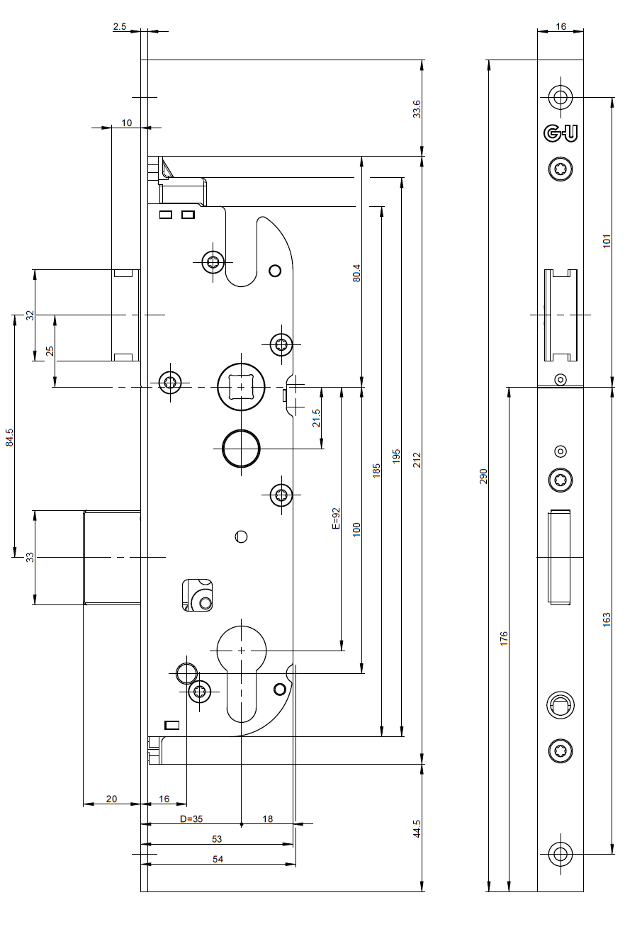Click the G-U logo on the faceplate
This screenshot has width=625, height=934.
coord(561,133)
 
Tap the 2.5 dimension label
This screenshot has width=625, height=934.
coord(119,27)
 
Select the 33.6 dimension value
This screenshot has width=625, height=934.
coord(417,109)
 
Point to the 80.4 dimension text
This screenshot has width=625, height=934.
coord(356,273)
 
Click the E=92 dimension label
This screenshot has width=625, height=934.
coord(336,518)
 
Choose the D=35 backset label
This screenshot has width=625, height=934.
coord(191,819)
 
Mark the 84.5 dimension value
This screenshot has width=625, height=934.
coord(9,437)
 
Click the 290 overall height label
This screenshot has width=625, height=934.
coord(483,476)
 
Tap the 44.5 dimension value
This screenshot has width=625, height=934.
coord(417,829)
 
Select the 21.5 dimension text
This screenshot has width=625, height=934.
coord(316,418)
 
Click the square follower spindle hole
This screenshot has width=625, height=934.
coord(241,387)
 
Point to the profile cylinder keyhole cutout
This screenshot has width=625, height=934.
coord(242,674)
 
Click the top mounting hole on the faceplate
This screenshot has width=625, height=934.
coord(561,97)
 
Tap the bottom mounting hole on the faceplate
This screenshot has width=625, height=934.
coord(561,854)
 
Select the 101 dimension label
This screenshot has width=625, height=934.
coord(607,241)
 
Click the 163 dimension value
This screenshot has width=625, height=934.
coord(607,619)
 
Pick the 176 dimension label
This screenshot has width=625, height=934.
coord(504,638)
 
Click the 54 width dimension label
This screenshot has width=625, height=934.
coord(218,859)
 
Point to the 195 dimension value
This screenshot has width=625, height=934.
coord(396,456)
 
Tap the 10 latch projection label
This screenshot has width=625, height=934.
coord(126,123)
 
